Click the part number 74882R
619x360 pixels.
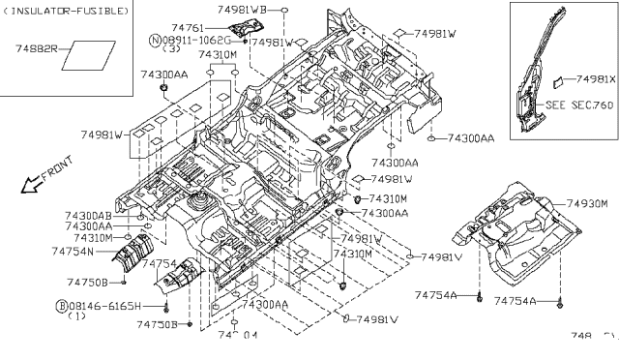[37, 46]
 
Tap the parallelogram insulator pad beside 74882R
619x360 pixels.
[84, 55]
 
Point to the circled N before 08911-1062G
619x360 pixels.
[155, 41]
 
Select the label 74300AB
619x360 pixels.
[87, 215]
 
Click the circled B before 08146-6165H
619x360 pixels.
[61, 306]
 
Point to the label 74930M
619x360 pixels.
[586, 204]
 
